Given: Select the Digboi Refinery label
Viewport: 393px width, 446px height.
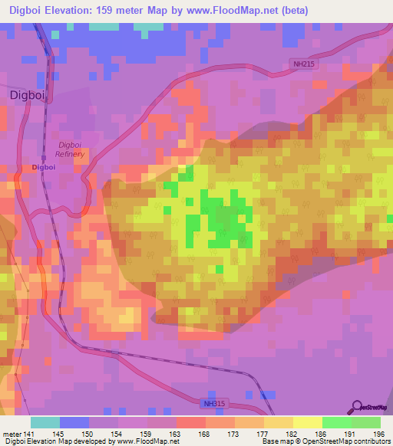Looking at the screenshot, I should coord(70,149).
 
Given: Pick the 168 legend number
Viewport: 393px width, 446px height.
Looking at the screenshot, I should coord(205,435).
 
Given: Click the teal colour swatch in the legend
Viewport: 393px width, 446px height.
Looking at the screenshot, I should coord(45,422).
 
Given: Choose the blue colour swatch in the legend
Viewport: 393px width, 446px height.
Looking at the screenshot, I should coord(74,422).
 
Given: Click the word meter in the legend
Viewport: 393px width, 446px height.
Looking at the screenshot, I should coord(11,435).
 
